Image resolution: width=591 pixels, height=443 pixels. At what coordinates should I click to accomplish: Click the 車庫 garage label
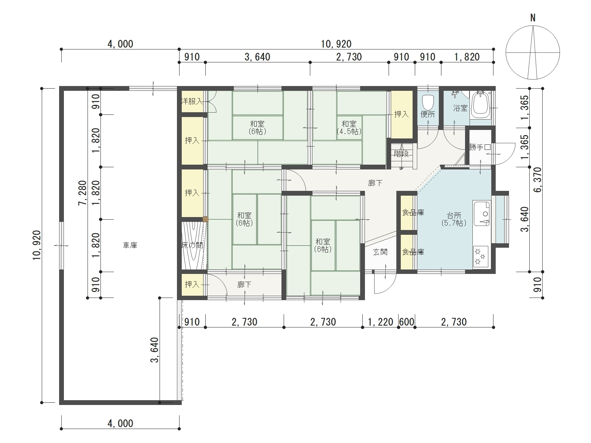[x=130, y=245]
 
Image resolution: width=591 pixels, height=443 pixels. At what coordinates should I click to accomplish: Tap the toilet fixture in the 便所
[x=428, y=103]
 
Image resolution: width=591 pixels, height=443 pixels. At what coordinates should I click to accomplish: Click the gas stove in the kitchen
[x=481, y=257]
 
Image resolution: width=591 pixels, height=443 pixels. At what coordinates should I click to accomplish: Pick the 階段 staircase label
[x=402, y=154]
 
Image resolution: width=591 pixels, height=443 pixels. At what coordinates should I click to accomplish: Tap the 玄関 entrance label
[x=380, y=252]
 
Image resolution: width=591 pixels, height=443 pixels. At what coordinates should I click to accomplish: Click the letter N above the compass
[x=533, y=18]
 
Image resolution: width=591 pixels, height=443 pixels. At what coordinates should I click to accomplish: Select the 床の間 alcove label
[x=192, y=245]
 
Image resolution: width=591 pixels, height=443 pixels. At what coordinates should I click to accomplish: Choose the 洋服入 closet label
[x=192, y=102]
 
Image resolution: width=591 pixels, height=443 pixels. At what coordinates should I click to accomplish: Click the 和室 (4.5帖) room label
[x=349, y=128]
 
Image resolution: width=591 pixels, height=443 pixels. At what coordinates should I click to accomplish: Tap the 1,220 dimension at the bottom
[x=380, y=322]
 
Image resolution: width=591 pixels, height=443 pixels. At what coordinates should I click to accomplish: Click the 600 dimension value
[x=407, y=322]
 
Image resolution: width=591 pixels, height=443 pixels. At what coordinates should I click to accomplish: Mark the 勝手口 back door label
[x=480, y=147]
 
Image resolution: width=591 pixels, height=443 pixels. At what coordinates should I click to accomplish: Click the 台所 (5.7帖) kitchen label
[x=454, y=219]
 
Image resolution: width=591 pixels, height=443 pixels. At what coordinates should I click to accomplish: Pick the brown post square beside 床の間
[x=205, y=219]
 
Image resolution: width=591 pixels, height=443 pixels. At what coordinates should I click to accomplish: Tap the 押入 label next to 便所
[x=402, y=114]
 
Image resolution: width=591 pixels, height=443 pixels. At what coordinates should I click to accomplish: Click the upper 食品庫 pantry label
[x=413, y=213]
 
